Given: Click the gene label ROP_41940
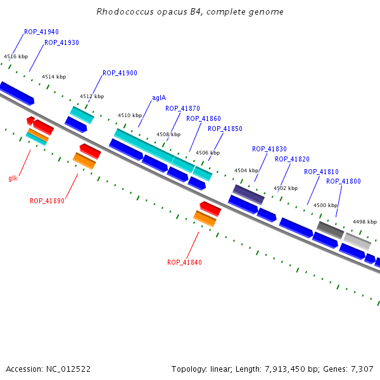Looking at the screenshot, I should pos(41,32).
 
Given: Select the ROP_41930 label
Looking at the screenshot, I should pos(61,43).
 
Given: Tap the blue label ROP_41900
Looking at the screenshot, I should pos(120,73).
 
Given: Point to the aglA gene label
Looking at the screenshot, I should pos(159,98).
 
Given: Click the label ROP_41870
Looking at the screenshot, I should pos(182,108).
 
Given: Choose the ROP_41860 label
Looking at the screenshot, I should pos(203,119).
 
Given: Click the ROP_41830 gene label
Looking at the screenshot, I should pos(269,149).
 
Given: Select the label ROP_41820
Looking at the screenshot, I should pos(292,160).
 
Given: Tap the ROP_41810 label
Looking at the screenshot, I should pos(321,172).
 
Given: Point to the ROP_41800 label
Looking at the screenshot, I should pos(343,182).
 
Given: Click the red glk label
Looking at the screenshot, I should pos(13,178).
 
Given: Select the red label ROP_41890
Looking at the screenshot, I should pos(47,201).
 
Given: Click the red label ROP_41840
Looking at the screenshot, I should pos(184,262).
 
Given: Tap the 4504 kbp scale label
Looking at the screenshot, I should pos(246,170).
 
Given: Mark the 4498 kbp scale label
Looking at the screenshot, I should pos(365,222).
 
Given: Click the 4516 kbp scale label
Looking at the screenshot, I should pos(16,56).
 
